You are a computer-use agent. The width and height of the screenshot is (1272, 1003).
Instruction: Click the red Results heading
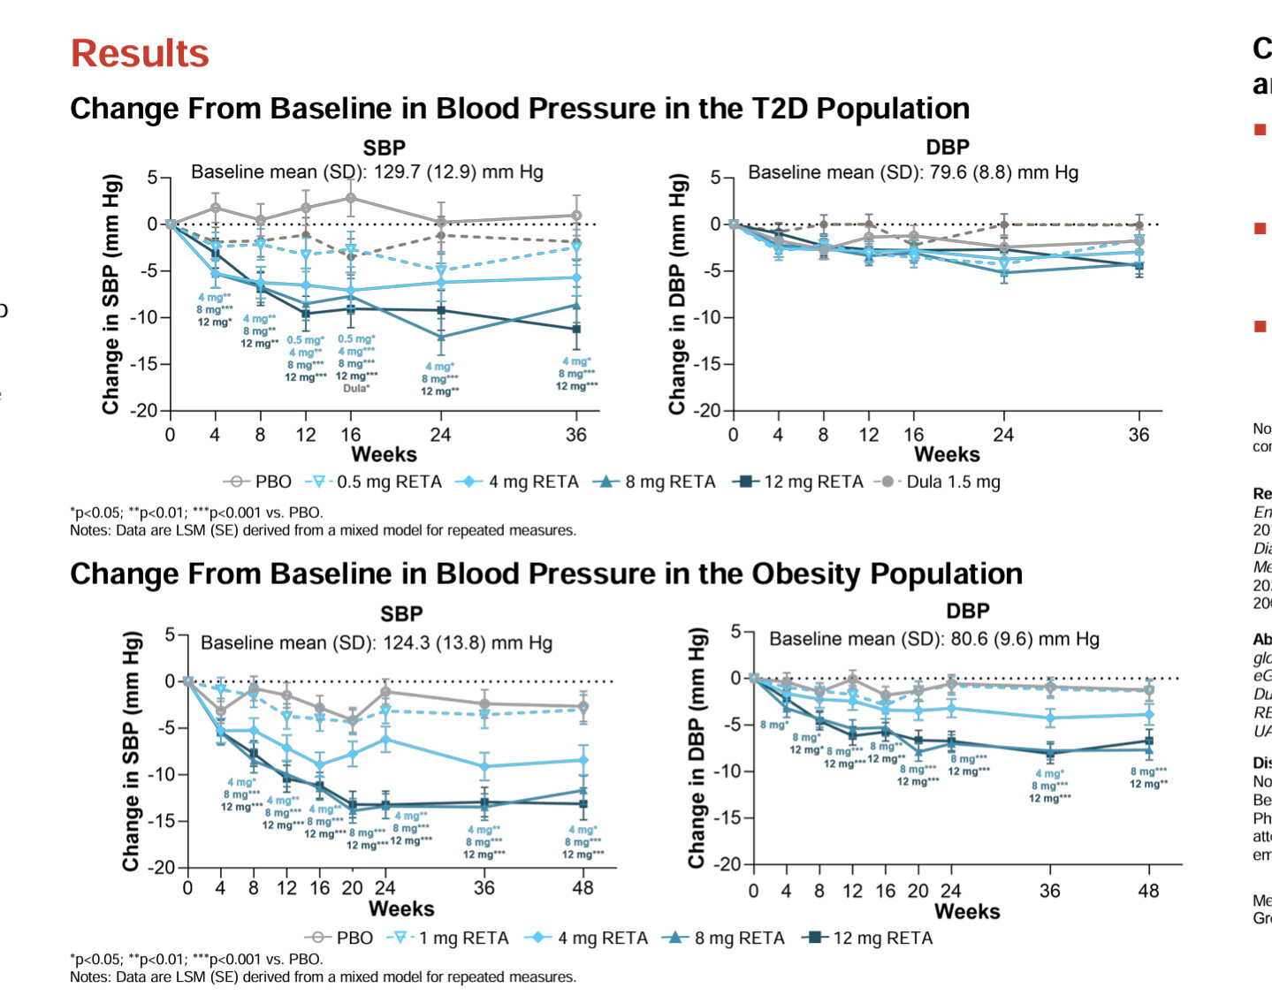click(x=140, y=53)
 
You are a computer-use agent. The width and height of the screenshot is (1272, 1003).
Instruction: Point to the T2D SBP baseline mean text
click(x=367, y=171)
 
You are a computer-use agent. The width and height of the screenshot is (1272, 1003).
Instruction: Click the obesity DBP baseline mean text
click(x=934, y=638)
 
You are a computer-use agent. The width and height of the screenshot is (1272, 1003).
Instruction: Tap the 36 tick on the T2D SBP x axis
click(x=575, y=435)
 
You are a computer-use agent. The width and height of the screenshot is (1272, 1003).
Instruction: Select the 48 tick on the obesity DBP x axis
click(x=1148, y=891)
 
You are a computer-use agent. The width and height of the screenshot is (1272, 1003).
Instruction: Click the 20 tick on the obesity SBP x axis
click(x=352, y=888)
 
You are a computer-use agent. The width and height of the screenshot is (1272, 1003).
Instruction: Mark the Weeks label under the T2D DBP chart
click(x=947, y=454)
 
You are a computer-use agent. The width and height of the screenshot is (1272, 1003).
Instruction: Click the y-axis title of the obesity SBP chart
click(x=131, y=751)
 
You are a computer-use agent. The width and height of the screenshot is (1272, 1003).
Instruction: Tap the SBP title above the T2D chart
click(x=385, y=148)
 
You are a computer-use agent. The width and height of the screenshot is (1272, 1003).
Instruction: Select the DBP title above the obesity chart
click(x=968, y=611)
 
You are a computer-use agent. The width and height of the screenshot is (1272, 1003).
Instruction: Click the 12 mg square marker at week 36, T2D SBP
click(x=576, y=329)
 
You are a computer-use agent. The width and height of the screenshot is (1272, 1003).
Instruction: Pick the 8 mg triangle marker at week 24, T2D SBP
click(x=441, y=337)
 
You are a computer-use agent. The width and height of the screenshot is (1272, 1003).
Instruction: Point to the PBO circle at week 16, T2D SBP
click(x=351, y=198)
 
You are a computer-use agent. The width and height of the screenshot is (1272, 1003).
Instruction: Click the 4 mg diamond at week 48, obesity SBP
click(x=583, y=760)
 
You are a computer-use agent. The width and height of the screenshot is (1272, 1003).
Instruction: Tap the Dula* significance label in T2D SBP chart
click(x=356, y=388)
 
